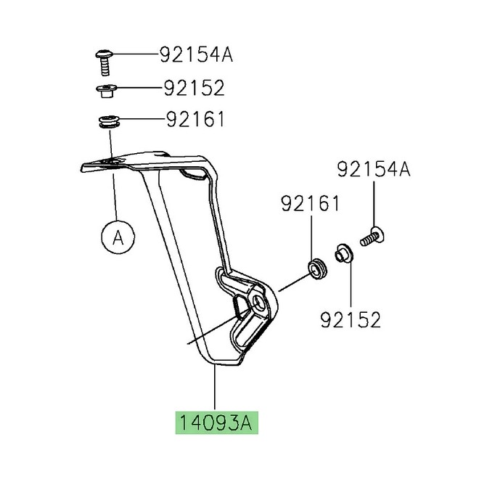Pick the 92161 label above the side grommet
coord(310,205)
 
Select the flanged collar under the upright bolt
coord(105,91)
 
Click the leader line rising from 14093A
coord(216,388)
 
